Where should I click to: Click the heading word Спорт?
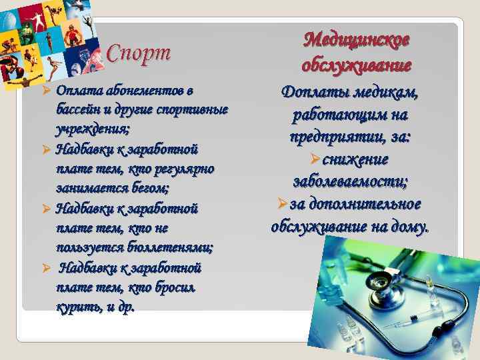[139, 53]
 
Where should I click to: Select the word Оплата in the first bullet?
[75, 90]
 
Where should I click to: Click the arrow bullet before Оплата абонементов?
[47, 91]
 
